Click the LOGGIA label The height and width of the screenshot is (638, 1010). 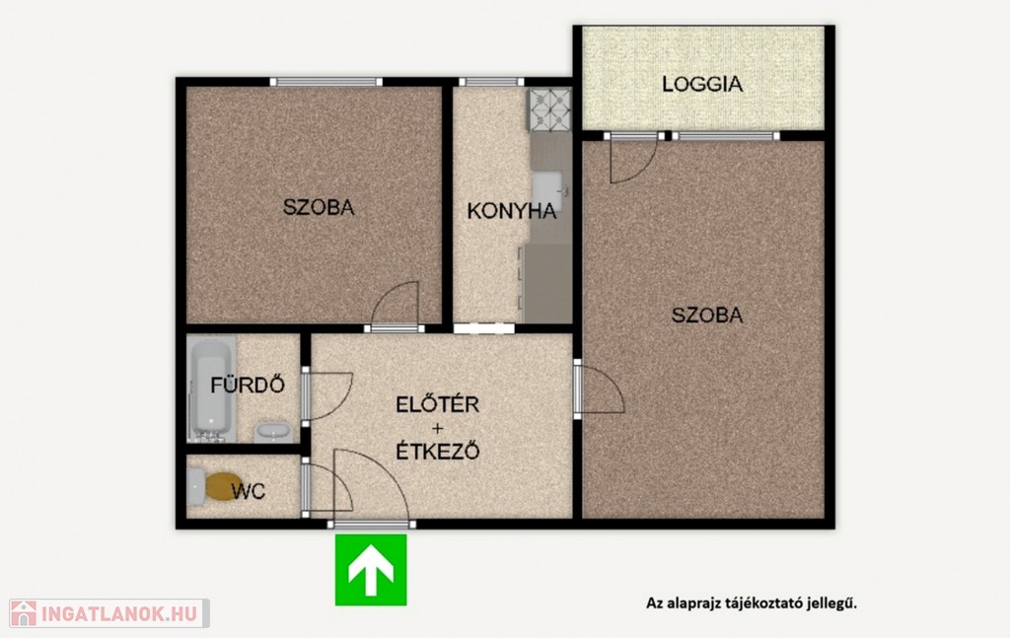point(702,85)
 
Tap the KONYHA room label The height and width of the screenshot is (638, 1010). point(512,211)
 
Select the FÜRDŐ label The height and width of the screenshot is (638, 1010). point(248,385)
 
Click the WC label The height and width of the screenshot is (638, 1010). point(248,491)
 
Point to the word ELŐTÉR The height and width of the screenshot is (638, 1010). point(437,405)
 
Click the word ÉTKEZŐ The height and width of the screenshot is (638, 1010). point(437,452)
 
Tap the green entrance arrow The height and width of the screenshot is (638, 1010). point(371,570)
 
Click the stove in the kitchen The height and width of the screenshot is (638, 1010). point(550,108)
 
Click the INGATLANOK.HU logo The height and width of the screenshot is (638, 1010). point(108,613)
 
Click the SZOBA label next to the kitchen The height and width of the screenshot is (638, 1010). point(319,207)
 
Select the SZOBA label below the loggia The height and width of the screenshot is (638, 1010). point(706,315)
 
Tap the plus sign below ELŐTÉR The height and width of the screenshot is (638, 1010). point(437,428)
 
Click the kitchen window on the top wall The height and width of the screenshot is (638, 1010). point(491,82)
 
